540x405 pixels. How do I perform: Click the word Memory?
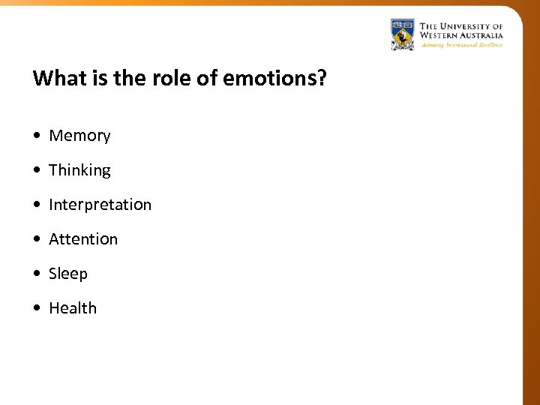(79, 136)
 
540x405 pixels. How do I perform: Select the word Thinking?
(79, 170)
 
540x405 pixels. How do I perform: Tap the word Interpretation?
(100, 205)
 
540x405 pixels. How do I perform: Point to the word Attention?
(83, 239)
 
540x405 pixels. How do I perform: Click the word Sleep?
(68, 274)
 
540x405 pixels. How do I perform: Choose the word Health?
(73, 308)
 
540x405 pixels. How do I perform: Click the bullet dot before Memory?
(37, 136)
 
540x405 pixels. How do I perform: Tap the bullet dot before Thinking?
(37, 171)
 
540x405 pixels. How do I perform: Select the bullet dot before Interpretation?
(37, 205)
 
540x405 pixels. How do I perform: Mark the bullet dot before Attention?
(37, 240)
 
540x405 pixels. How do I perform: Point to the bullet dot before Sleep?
(37, 274)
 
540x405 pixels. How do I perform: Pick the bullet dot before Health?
(37, 309)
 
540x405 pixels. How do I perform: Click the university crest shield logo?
(402, 34)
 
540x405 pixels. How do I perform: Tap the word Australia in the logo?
(482, 35)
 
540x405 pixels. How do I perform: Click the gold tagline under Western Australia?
(461, 45)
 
